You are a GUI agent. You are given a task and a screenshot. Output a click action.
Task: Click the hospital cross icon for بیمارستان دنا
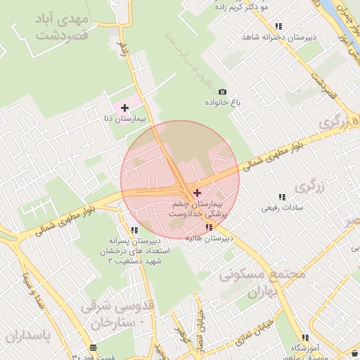point(125,108)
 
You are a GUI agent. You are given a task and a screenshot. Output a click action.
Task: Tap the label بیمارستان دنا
point(125,120)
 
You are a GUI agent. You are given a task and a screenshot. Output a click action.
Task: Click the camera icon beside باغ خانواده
point(223,92)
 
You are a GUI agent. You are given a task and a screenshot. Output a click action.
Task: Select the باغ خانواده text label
point(223,103)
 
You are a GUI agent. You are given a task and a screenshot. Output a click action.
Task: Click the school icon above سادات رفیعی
point(282,197)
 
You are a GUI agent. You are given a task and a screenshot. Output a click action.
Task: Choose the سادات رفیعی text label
point(282,208)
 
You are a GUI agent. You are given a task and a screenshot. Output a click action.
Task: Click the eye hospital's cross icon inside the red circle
point(196,192)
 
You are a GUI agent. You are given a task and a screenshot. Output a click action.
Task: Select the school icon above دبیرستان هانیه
point(209,227)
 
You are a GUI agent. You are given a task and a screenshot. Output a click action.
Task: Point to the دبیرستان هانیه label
point(209,239)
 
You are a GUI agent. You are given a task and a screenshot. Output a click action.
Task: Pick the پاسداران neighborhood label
point(28,336)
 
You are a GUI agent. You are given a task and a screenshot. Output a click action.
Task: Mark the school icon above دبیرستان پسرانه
point(134,229)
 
